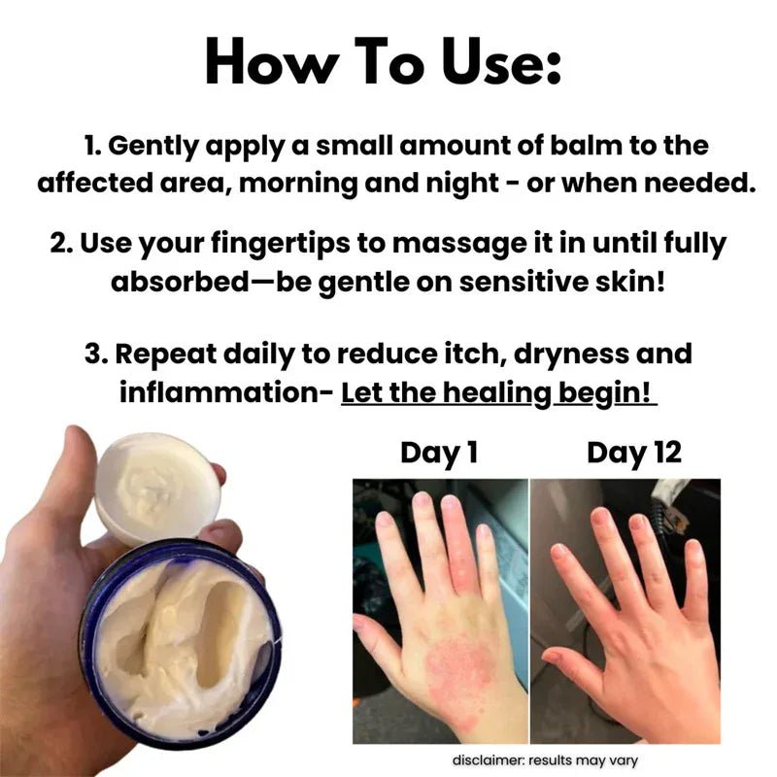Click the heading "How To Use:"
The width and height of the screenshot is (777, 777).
384,62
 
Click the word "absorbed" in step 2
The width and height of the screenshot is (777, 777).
180,282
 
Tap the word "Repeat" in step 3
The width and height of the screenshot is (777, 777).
166,355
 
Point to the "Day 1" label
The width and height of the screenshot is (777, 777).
439,453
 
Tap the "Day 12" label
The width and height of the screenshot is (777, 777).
634,453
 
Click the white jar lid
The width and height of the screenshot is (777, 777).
157,488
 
